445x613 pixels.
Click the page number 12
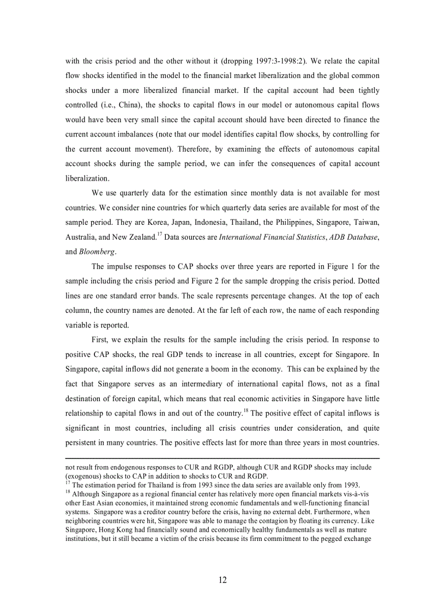click(x=222, y=580)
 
